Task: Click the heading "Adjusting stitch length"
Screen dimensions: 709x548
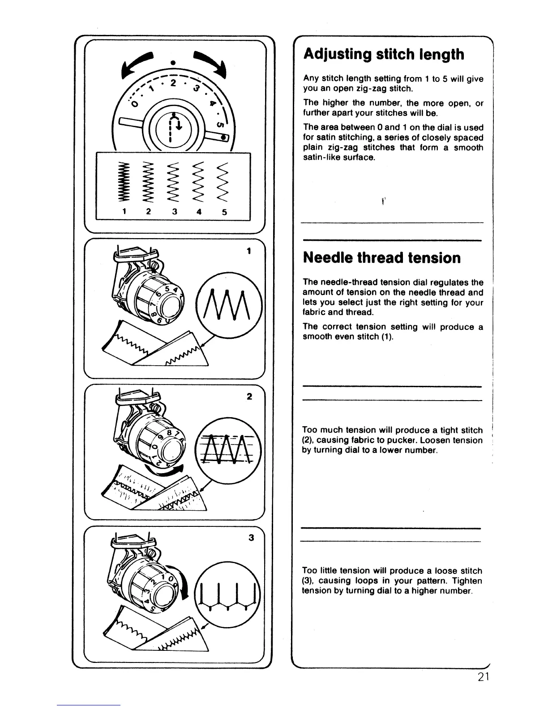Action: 384,55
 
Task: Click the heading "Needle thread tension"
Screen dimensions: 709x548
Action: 381,258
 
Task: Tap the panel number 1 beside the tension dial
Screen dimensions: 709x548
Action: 249,251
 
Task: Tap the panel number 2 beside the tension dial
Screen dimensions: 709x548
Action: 249,397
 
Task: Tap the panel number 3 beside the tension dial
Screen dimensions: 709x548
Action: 250,538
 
